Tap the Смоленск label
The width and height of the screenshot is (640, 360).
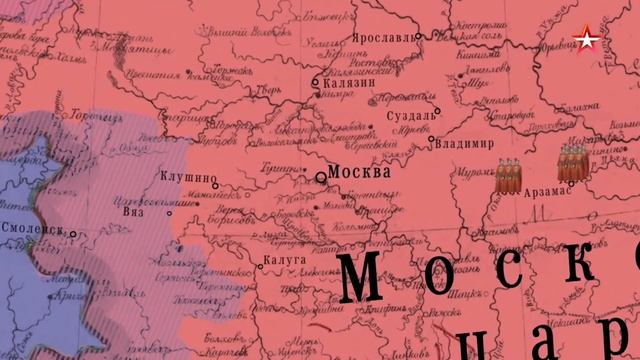pos(38,230)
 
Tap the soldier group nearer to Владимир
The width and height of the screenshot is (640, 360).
pos(510,175)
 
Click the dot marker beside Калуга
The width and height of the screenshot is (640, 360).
pos(258,266)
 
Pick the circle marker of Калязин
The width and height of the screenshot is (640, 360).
pos(316,84)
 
